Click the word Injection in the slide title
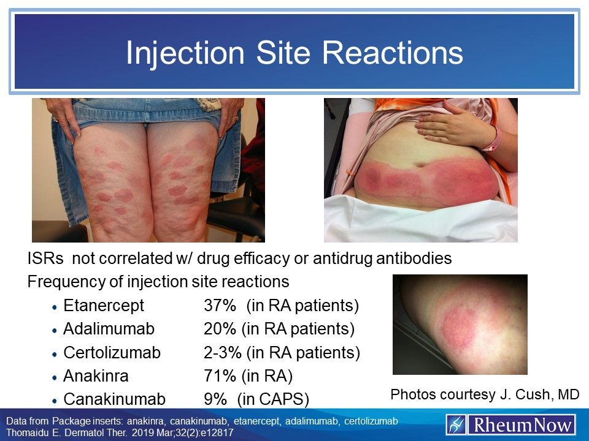(x=185, y=54)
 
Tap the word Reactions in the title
(x=393, y=53)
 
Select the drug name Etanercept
(x=104, y=306)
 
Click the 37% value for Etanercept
(x=220, y=305)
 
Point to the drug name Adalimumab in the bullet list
(x=109, y=329)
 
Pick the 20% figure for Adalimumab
(x=220, y=329)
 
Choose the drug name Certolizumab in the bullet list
(x=112, y=353)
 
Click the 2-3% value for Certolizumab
(x=222, y=353)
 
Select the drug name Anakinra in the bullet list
(x=96, y=375)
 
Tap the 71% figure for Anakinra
(x=220, y=375)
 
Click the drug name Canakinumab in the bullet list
(x=114, y=399)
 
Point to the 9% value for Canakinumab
(x=215, y=399)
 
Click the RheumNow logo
(x=511, y=424)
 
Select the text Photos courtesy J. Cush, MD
(x=485, y=394)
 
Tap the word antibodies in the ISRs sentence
(x=414, y=258)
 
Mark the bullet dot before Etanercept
(x=55, y=307)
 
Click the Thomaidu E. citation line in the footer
(x=120, y=433)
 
